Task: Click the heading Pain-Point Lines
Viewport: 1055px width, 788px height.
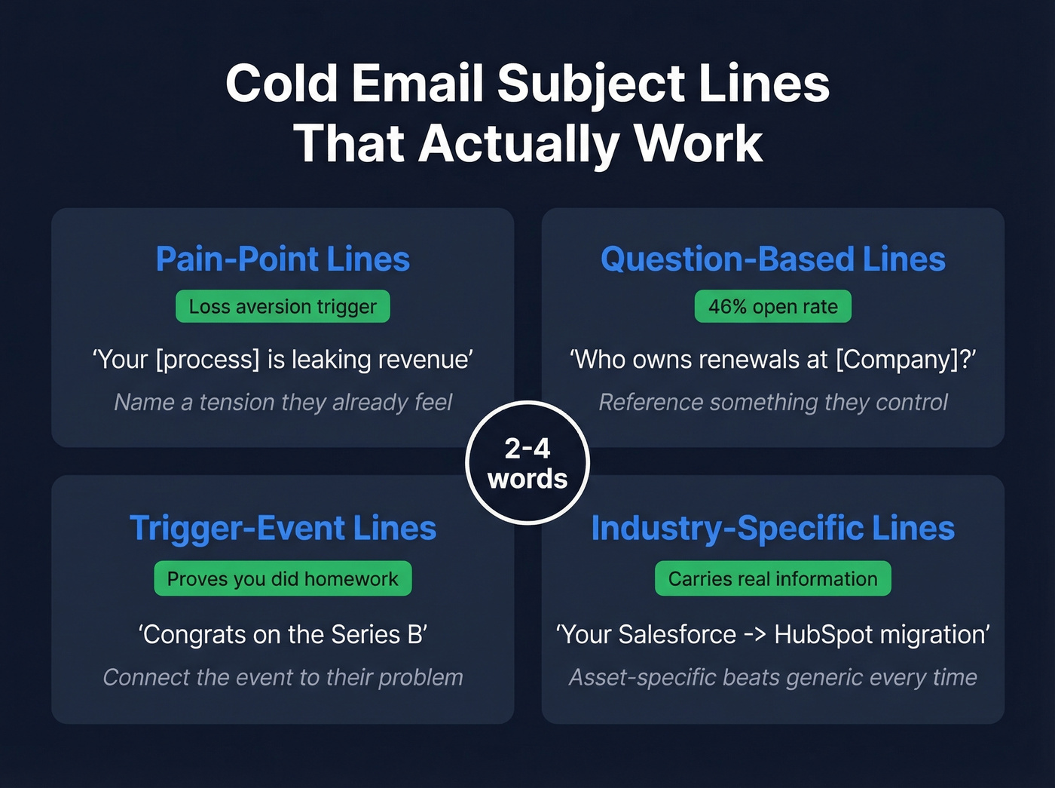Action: pyautogui.click(x=283, y=259)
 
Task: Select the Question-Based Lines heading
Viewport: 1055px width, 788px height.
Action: pyautogui.click(x=772, y=259)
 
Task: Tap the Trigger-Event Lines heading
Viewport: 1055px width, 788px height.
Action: pyautogui.click(x=283, y=529)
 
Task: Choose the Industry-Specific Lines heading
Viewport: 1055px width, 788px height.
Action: pyautogui.click(x=772, y=529)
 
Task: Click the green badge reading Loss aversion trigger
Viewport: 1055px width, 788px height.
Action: pyautogui.click(x=283, y=307)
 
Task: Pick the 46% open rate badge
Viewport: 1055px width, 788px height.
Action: pyautogui.click(x=772, y=307)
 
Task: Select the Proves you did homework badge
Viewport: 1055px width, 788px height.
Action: pyautogui.click(x=283, y=579)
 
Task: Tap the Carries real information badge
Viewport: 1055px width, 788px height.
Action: pyautogui.click(x=772, y=579)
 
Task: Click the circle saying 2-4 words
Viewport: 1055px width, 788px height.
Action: pyautogui.click(x=527, y=463)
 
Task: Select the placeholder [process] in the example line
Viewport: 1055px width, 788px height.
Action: pyautogui.click(x=207, y=360)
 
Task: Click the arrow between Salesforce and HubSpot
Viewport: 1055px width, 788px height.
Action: pyautogui.click(x=755, y=635)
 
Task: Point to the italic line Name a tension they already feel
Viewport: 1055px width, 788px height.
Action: pyautogui.click(x=283, y=403)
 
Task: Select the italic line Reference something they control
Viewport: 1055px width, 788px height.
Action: pyautogui.click(x=772, y=403)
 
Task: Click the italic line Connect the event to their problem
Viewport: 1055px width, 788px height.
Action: pyautogui.click(x=283, y=678)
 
